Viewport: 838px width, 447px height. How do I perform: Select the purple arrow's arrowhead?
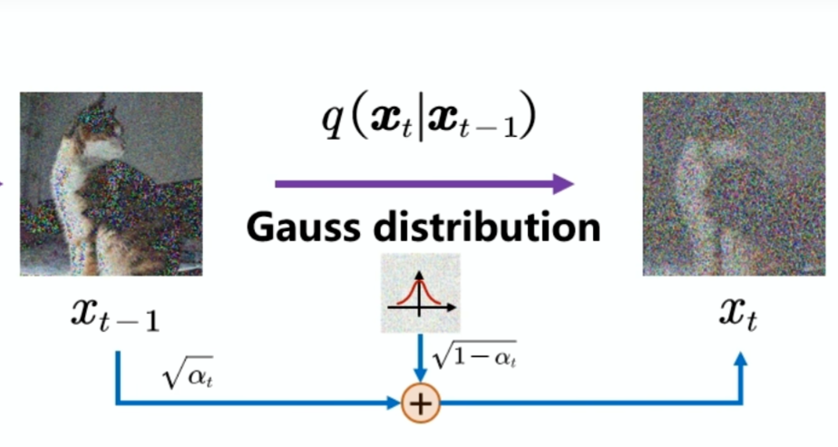[563, 184]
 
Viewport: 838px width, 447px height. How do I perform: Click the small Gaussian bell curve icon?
[419, 292]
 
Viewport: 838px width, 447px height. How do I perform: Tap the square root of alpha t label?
[184, 374]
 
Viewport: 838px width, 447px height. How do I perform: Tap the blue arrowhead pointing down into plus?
[420, 375]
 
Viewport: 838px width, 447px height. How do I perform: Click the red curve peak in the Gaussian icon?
[419, 280]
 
